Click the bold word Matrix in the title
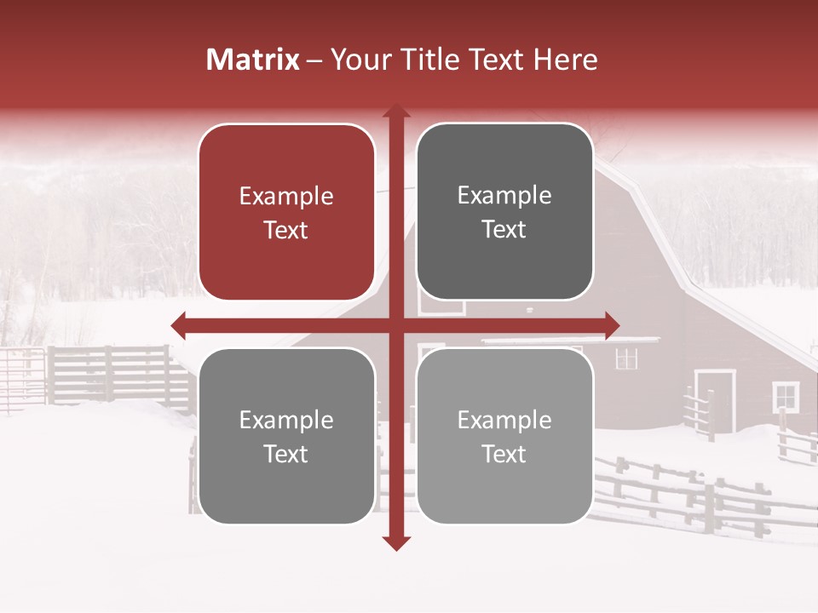252,60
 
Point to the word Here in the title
566,60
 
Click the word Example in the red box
286,197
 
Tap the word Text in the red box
286,231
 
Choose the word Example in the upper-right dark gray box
504,196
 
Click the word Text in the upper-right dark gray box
504,230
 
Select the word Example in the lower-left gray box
286,421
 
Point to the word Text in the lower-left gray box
286,455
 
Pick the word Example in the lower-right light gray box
504,421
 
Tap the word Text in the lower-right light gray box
504,455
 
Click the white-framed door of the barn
715,401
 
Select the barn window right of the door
786,396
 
